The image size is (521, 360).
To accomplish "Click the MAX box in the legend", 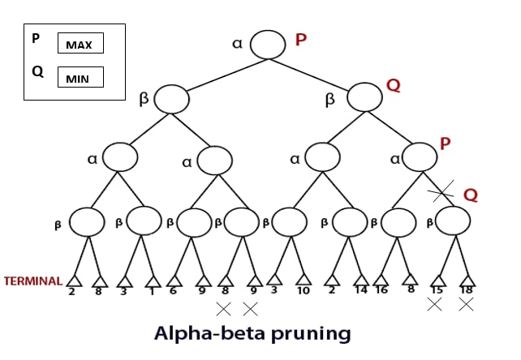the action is [80, 43].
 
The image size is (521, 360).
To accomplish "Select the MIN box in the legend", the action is [80, 77].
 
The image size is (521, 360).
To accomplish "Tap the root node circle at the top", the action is [268, 45].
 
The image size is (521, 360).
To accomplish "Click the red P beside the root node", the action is [301, 40].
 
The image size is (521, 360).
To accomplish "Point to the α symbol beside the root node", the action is [237, 44].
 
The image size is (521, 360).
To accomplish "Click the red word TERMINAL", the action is [33, 281].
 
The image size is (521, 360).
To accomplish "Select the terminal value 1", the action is [152, 292].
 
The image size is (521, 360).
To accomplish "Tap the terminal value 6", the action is [173, 291].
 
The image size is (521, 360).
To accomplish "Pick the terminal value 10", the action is [303, 290].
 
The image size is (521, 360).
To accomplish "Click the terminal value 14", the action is [361, 290].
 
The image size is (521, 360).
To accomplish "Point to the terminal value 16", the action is [381, 290].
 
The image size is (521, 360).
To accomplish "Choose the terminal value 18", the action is [467, 290].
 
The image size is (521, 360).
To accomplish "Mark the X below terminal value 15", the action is [435, 304].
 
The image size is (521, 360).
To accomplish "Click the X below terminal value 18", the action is [466, 304].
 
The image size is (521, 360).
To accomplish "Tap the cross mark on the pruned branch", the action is [441, 191].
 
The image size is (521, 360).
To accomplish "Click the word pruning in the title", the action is [311, 333].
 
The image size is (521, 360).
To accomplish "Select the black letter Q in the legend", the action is [37, 71].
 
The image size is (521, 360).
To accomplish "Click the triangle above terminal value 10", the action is [304, 280].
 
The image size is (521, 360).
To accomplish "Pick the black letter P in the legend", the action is [36, 38].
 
